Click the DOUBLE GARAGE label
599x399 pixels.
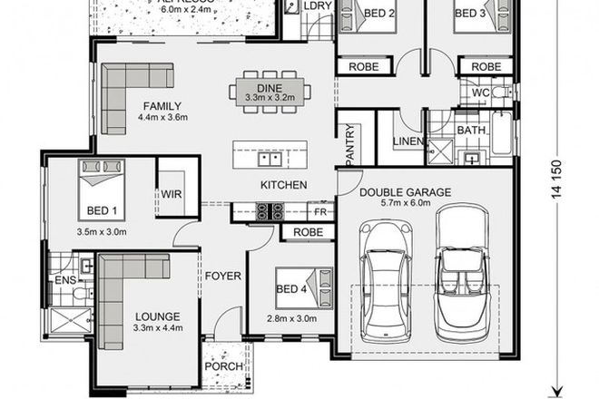(x=404, y=192)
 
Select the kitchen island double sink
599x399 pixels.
(x=269, y=159)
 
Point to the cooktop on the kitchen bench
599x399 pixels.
(x=269, y=211)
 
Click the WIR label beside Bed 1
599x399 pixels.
(x=172, y=193)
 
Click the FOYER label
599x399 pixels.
(x=221, y=276)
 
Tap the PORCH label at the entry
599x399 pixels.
(x=223, y=366)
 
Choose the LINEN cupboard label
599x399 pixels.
(x=408, y=141)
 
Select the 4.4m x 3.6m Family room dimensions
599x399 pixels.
(x=161, y=117)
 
